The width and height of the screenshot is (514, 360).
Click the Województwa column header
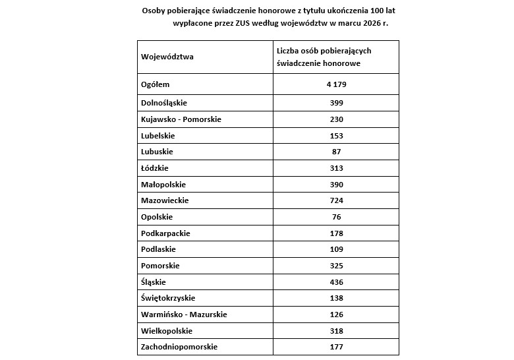(167, 57)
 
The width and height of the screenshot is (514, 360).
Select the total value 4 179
(336, 84)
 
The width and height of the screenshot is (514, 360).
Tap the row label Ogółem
(156, 84)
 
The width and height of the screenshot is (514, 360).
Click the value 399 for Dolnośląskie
(336, 103)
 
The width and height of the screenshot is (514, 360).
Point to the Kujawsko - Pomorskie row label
(181, 119)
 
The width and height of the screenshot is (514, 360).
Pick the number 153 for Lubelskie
(336, 135)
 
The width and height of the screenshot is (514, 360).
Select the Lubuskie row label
(157, 152)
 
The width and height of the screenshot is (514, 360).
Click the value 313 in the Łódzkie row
(336, 168)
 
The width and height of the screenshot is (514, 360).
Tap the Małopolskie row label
(163, 185)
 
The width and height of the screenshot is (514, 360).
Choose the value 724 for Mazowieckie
(336, 200)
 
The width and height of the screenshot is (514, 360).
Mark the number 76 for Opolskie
(336, 217)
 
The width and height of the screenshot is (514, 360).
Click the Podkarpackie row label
(165, 233)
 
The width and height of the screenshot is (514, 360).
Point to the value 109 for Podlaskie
(336, 249)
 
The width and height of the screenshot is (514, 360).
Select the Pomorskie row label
(160, 266)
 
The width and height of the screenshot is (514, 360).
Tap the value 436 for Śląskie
(336, 282)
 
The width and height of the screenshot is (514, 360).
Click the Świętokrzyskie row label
(168, 298)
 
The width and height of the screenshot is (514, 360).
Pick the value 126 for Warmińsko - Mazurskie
(336, 315)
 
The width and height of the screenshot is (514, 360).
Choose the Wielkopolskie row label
(167, 330)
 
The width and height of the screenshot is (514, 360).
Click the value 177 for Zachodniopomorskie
(336, 347)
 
